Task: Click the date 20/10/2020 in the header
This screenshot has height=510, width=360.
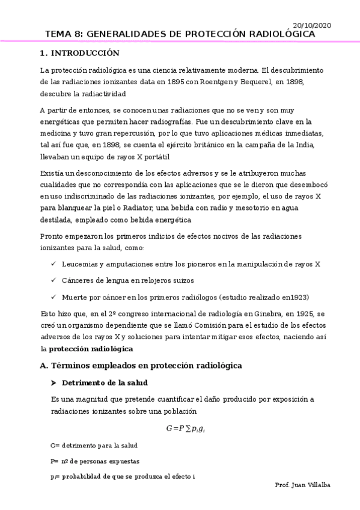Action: click(x=311, y=25)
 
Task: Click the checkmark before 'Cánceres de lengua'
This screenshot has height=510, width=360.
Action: click(x=53, y=280)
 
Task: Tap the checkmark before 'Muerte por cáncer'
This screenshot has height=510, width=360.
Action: click(x=53, y=297)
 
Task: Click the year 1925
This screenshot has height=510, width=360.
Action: click(x=301, y=314)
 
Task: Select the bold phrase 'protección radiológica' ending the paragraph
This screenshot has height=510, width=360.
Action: click(x=91, y=348)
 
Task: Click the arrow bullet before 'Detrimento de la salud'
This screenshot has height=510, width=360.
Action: click(x=53, y=382)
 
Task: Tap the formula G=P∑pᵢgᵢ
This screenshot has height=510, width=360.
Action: click(x=187, y=428)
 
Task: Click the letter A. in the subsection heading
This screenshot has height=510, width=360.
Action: click(x=43, y=365)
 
